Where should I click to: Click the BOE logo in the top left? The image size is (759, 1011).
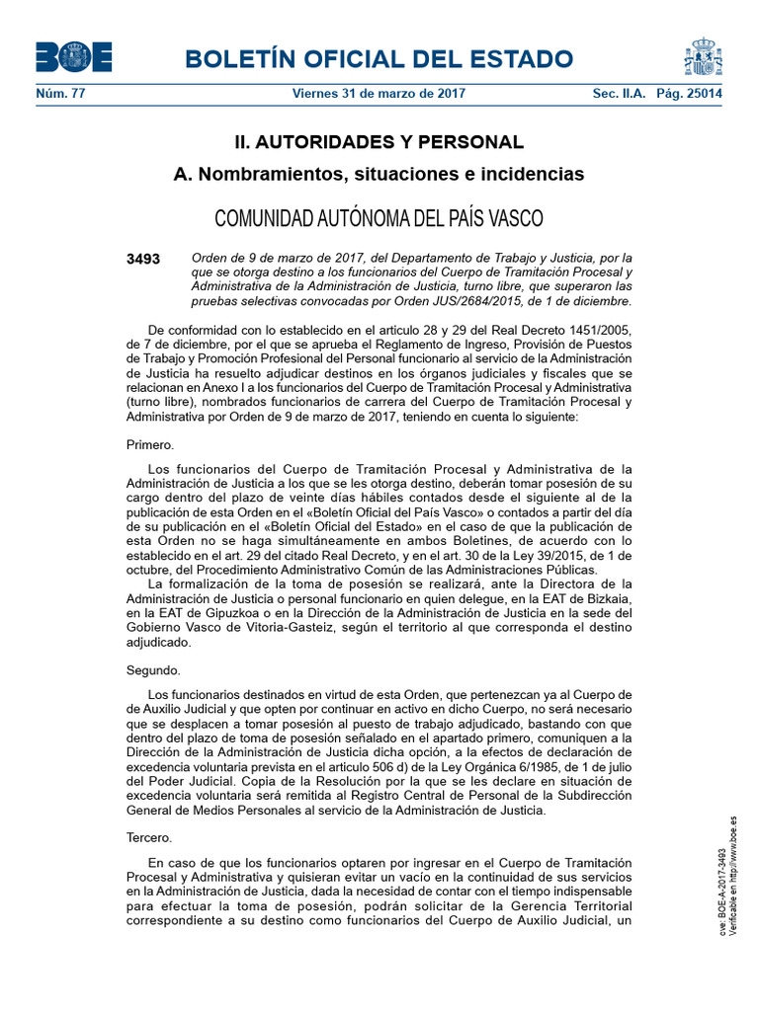pyautogui.click(x=73, y=57)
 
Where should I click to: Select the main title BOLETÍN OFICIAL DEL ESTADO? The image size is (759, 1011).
pyautogui.click(x=385, y=58)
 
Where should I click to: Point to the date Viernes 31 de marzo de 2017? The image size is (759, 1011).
pyautogui.click(x=379, y=94)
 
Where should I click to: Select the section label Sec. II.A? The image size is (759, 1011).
pyautogui.click(x=618, y=94)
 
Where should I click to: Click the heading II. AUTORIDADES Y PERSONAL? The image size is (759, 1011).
pyautogui.click(x=379, y=142)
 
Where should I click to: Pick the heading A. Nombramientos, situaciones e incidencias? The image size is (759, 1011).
pyautogui.click(x=379, y=175)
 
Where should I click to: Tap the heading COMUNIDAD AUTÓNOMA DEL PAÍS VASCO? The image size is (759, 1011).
pyautogui.click(x=379, y=217)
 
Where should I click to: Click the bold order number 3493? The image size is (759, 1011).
pyautogui.click(x=143, y=259)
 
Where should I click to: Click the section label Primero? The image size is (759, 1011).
pyautogui.click(x=150, y=444)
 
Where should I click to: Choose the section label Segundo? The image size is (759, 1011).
pyautogui.click(x=153, y=670)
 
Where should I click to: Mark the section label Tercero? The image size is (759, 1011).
pyautogui.click(x=149, y=838)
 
